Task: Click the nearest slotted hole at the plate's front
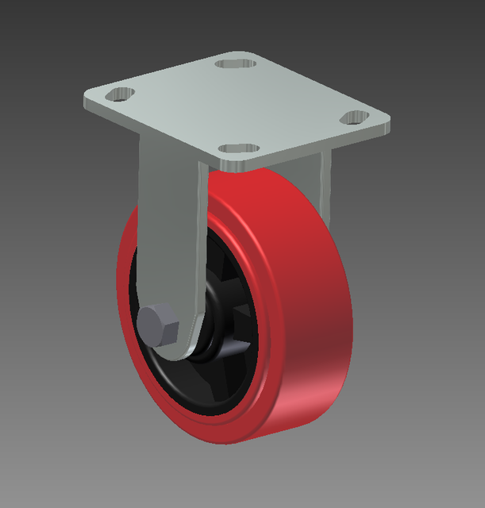pyautogui.click(x=237, y=148)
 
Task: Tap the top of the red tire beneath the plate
pyautogui.click(x=254, y=187)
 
